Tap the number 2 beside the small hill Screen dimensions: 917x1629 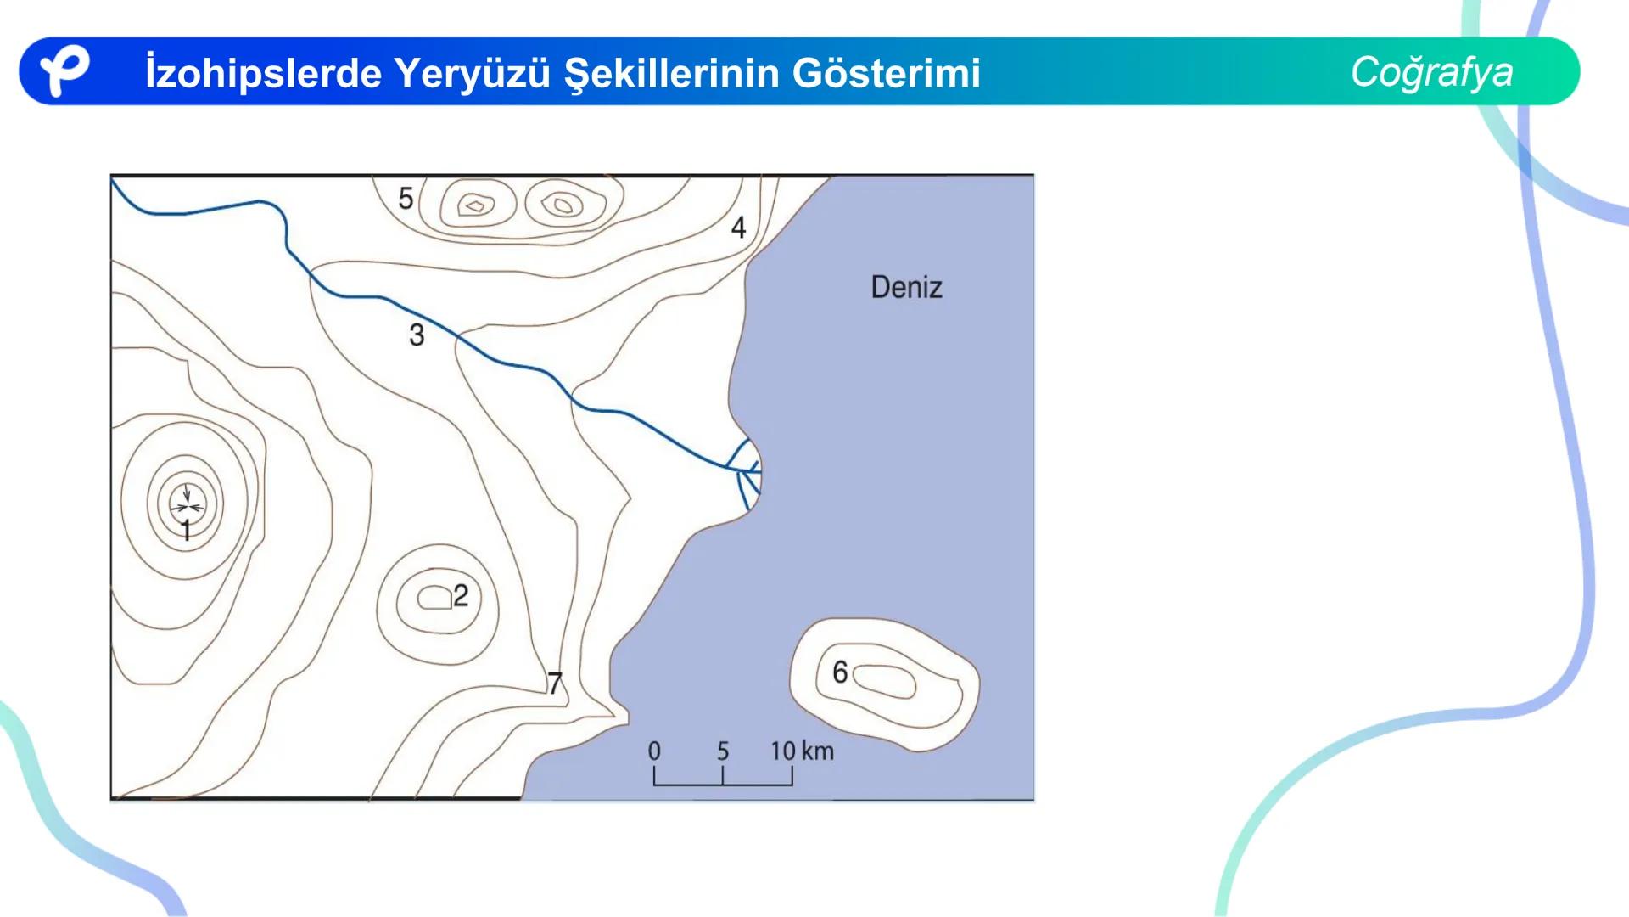coord(461,595)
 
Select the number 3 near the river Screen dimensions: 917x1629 coord(417,335)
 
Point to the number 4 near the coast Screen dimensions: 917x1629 coord(739,228)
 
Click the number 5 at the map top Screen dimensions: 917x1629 coord(406,199)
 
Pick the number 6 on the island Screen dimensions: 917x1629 coord(840,672)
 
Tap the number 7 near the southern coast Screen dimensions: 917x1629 coord(555,683)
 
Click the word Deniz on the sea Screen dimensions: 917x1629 coord(906,287)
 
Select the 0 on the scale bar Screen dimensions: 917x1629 coord(654,751)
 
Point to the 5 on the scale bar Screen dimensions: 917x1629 coord(723,751)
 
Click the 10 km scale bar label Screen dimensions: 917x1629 coord(802,751)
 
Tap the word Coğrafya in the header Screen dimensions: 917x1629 coord(1431,72)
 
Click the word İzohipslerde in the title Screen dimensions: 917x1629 coord(263,73)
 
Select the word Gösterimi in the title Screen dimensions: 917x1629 coord(887,73)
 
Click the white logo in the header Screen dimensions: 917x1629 coord(64,70)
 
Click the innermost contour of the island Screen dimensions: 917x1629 coord(884,681)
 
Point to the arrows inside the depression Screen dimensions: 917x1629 coord(188,504)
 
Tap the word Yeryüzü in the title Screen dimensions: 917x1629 coord(473,73)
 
